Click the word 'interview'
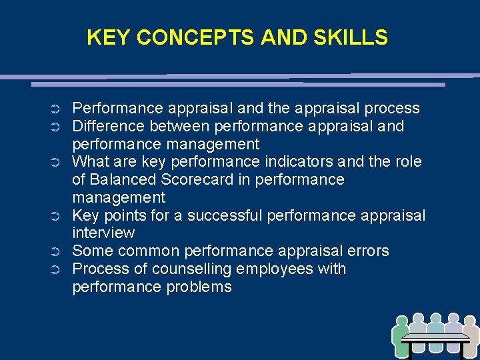point(103,233)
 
